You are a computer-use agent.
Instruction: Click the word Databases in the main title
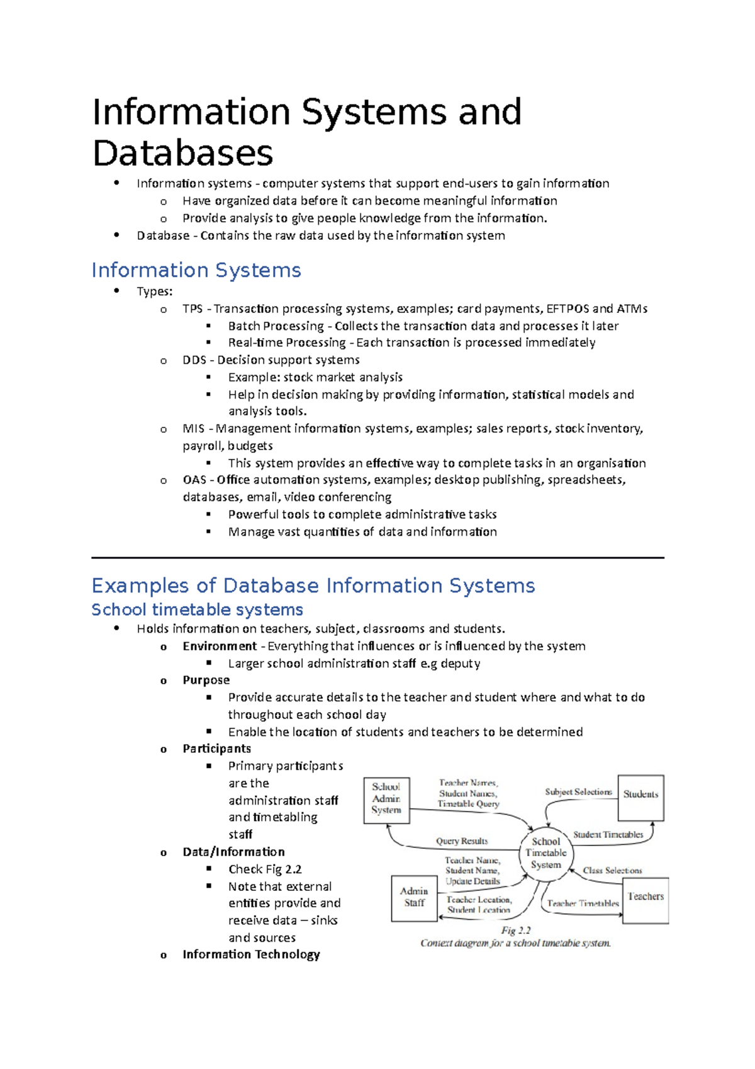pyautogui.click(x=182, y=153)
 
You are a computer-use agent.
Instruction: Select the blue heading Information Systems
pyautogui.click(x=196, y=270)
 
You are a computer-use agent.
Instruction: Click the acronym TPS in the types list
pyautogui.click(x=193, y=308)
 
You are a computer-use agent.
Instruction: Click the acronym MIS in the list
pyautogui.click(x=193, y=428)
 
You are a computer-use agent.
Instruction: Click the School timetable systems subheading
pyautogui.click(x=197, y=609)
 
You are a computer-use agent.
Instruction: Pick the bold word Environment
pyautogui.click(x=220, y=646)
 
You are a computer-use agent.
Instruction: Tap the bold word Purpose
pyautogui.click(x=206, y=680)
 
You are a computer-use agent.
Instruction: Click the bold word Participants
pyautogui.click(x=216, y=749)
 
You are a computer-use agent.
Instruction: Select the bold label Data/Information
pyautogui.click(x=233, y=852)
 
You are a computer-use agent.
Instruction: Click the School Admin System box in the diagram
pyautogui.click(x=386, y=799)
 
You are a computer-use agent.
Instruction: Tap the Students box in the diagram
pyautogui.click(x=640, y=797)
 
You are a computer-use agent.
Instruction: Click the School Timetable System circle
pyautogui.click(x=545, y=853)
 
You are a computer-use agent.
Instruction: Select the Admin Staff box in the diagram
pyautogui.click(x=414, y=897)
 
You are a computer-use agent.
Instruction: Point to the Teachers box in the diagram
pyautogui.click(x=646, y=900)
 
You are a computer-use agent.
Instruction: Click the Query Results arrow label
pyautogui.click(x=462, y=841)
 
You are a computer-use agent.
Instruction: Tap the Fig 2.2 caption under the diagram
pyautogui.click(x=515, y=930)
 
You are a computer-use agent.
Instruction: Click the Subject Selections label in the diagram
pyautogui.click(x=578, y=792)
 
